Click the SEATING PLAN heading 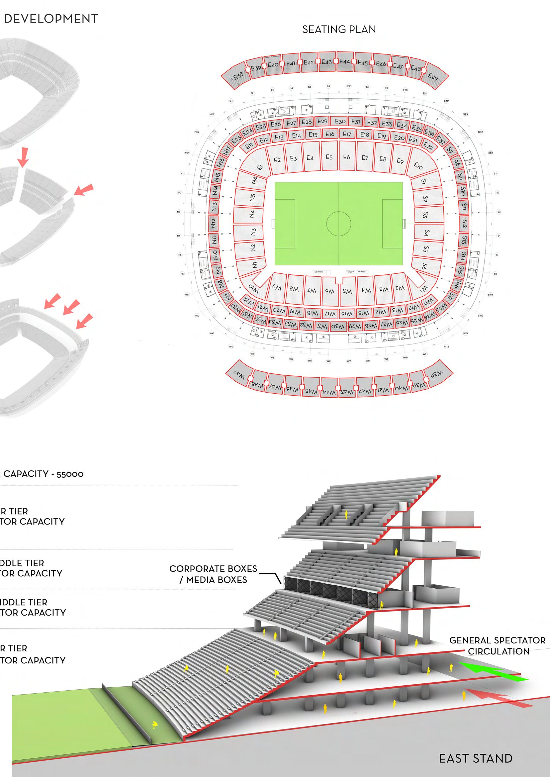(339, 30)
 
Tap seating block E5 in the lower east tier (329, 157)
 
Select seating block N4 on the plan (251, 214)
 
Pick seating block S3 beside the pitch (426, 215)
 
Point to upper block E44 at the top (344, 62)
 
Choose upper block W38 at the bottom (436, 374)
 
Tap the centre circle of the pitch (339, 224)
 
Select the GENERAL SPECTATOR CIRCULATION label (497, 645)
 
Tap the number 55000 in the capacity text (70, 474)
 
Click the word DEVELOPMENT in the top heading (51, 19)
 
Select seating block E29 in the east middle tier (322, 121)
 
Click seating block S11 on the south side (464, 207)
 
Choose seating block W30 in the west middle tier (338, 326)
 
